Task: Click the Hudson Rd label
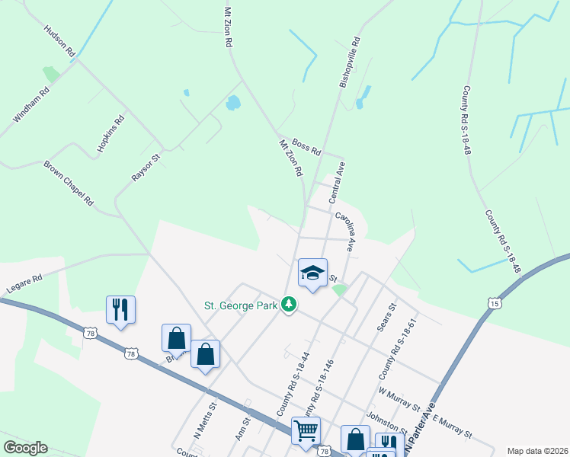[x=60, y=42]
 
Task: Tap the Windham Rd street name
[x=31, y=104]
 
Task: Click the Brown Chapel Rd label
[x=68, y=184]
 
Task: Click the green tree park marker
[x=288, y=305]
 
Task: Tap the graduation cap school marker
[x=312, y=273]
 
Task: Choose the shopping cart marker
[x=306, y=430]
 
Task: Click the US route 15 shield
[x=496, y=303]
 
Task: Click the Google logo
[x=25, y=448]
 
